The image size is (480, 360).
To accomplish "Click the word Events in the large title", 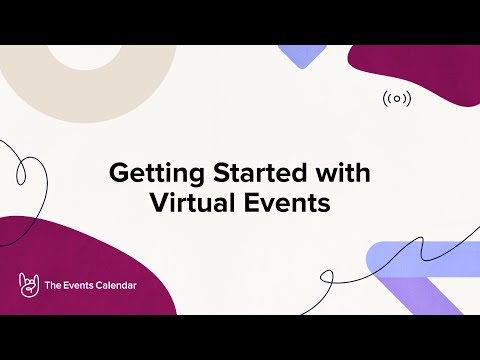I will (289, 204).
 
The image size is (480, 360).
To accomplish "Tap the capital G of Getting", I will (117, 173).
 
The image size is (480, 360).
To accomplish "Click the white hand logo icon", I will (28, 285).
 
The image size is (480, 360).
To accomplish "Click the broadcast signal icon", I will (397, 98).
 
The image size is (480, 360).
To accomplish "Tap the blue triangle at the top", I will (299, 55).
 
